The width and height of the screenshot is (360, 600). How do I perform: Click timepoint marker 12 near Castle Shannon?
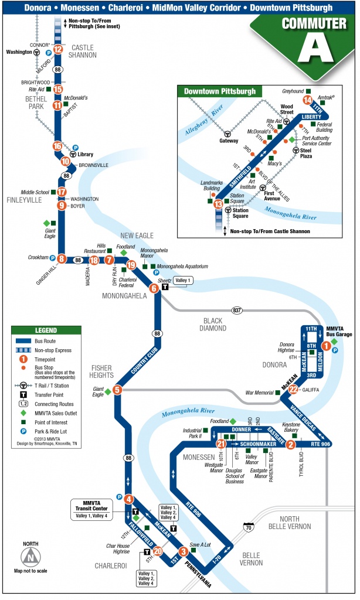point(58,49)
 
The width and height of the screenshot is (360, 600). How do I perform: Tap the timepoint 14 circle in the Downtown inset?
point(307,100)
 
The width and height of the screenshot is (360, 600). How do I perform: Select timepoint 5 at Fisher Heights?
point(117,390)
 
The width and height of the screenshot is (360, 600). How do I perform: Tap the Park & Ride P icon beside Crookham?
point(53,258)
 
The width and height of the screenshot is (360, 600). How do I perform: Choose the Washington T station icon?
point(36,52)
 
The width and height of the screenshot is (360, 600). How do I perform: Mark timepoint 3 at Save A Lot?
point(184,551)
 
